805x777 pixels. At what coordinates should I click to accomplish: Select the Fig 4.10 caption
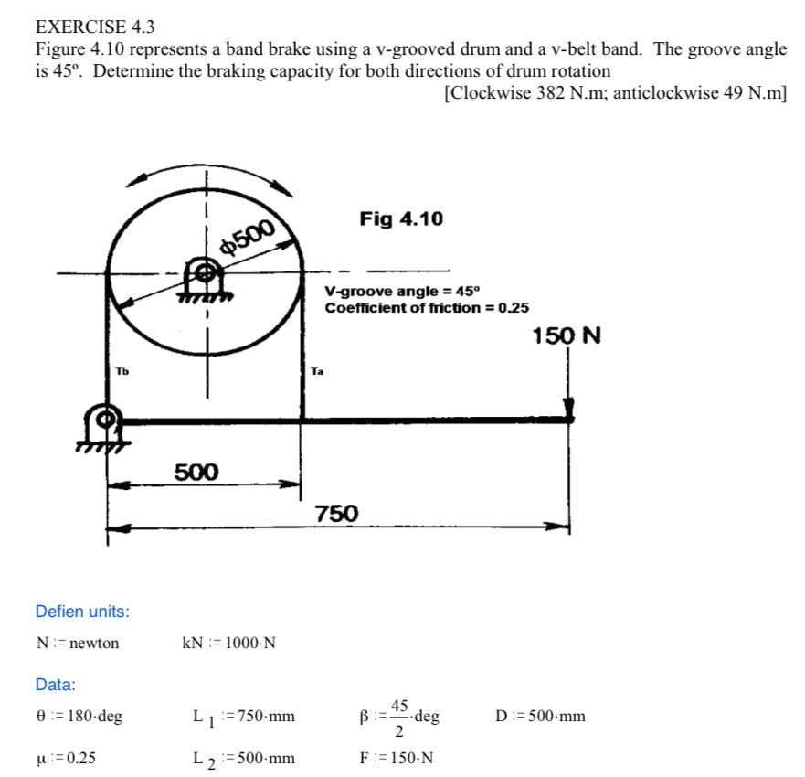point(401,218)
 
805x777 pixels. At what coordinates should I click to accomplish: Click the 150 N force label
point(567,335)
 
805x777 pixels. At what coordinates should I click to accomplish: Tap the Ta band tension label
point(317,371)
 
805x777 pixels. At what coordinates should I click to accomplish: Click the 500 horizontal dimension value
point(197,472)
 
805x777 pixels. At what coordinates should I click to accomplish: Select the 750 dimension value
point(336,514)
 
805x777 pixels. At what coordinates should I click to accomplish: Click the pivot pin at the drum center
point(207,272)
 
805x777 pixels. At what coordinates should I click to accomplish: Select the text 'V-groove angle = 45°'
point(401,291)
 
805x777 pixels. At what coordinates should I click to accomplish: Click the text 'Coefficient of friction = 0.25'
point(427,307)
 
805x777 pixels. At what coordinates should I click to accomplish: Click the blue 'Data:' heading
point(55,684)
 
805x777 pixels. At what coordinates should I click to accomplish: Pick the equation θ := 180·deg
point(79,716)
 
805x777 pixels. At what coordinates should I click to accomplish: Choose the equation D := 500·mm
point(540,716)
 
